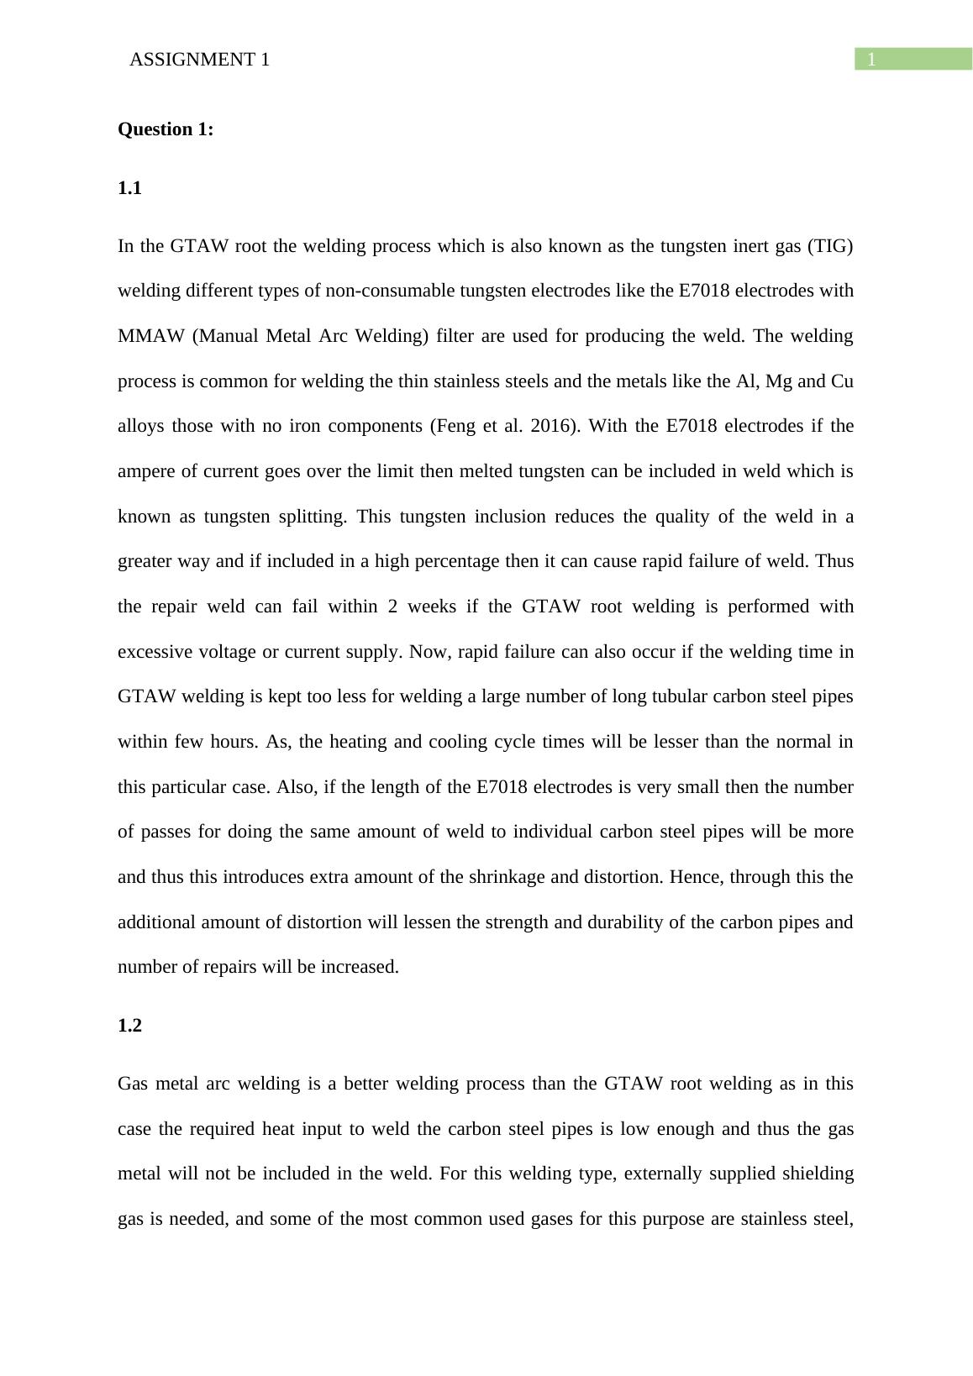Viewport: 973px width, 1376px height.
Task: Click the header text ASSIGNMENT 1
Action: [x=200, y=60]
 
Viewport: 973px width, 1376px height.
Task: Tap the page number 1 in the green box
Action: [x=872, y=59]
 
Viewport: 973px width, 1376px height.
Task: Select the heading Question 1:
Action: [x=166, y=129]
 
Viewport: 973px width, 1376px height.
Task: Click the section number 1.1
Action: [x=129, y=188]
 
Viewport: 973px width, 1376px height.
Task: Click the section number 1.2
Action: [x=129, y=1026]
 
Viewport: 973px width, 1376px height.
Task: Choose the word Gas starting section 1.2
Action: [x=133, y=1084]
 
